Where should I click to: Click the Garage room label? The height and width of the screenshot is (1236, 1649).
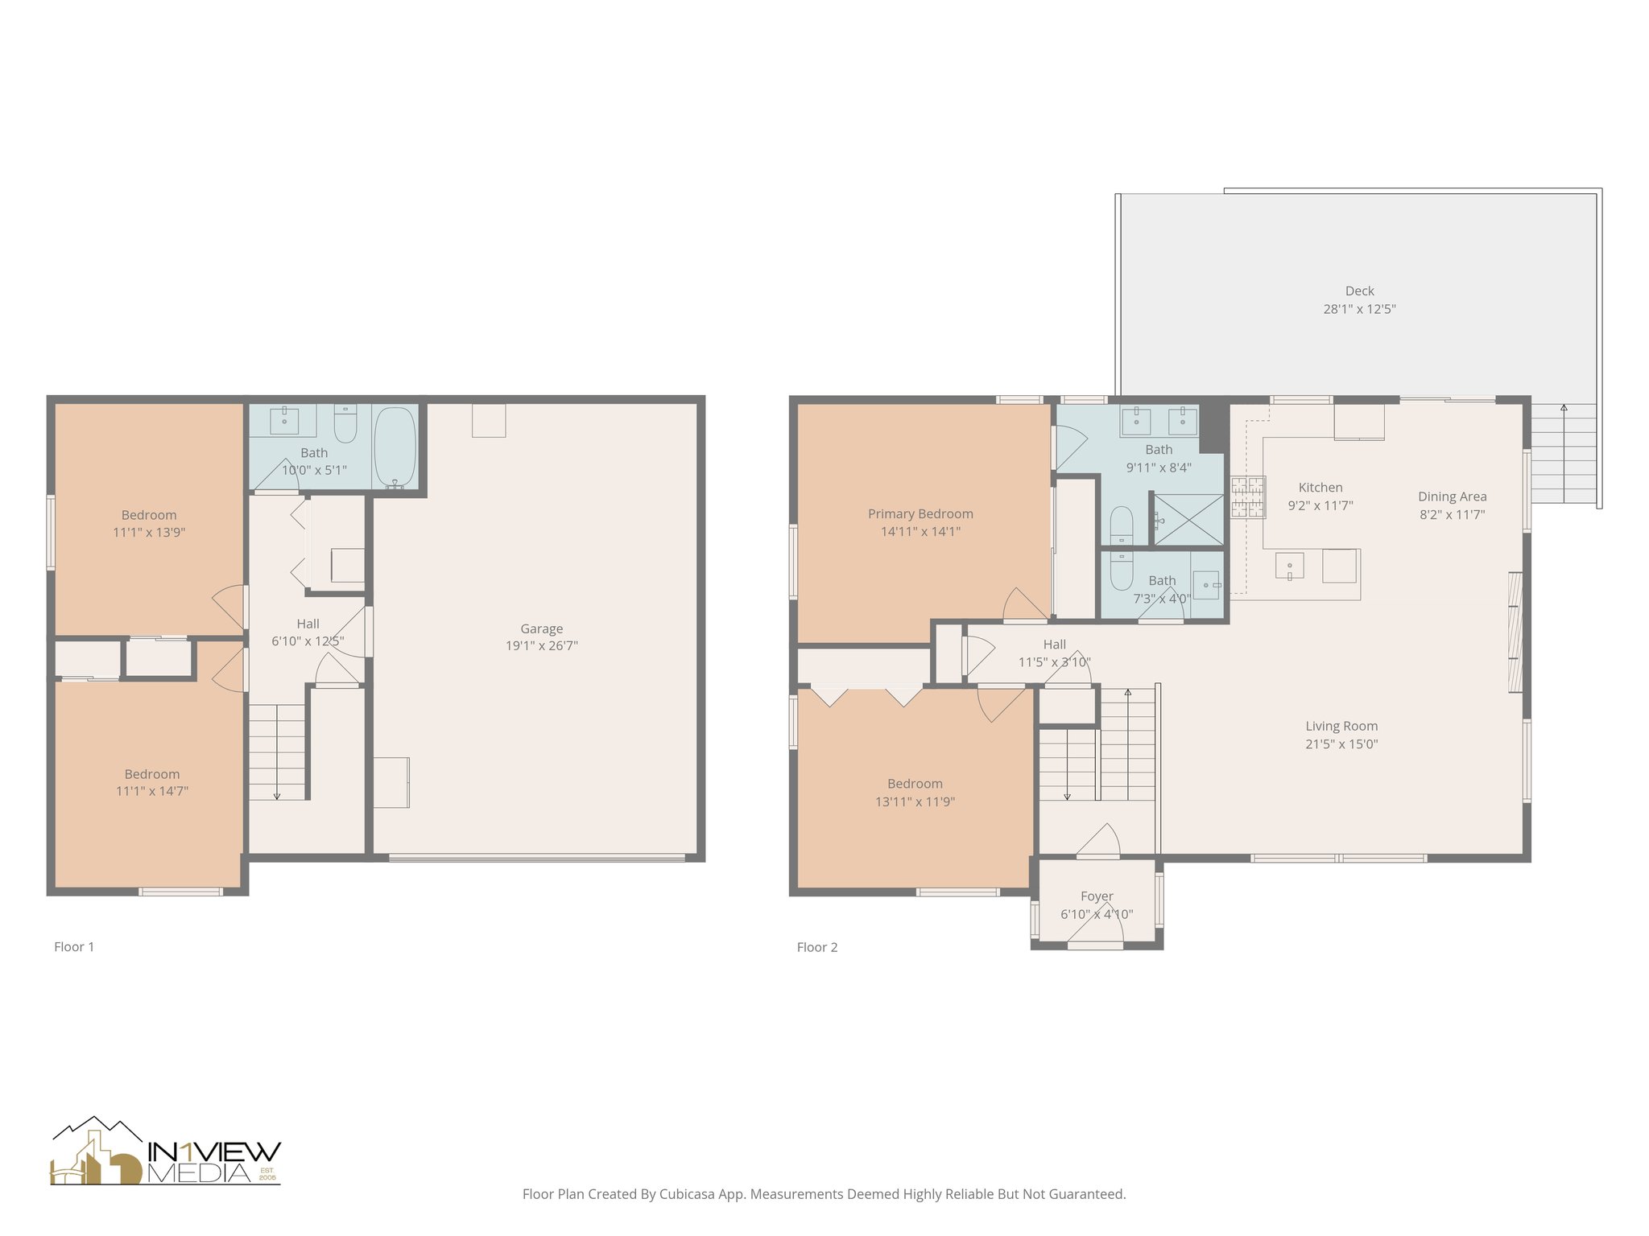pos(541,628)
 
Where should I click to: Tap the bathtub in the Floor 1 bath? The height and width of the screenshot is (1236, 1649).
pos(395,447)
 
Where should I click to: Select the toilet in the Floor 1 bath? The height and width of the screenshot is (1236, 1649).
pos(345,424)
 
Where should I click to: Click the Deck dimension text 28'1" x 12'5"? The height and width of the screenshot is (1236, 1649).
pos(1359,309)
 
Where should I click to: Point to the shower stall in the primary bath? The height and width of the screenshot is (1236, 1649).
pos(1188,519)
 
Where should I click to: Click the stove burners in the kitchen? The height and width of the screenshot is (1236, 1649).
pos(1247,497)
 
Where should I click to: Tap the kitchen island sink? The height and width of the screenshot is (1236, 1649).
pos(1289,566)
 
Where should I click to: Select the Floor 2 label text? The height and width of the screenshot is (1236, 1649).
pos(816,947)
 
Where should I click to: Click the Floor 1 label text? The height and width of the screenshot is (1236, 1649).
pos(74,946)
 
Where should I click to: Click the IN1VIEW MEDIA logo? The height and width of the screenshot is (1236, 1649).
pos(166,1152)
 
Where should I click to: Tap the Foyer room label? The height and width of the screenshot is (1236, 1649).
pos(1097,896)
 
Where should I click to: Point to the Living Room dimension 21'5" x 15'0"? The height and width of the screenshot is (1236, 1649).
pos(1341,744)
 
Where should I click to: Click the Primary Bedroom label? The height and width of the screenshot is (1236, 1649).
pos(920,513)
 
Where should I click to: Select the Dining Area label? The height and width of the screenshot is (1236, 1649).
pos(1452,496)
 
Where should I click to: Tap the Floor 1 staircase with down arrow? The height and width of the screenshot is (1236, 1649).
pos(277,752)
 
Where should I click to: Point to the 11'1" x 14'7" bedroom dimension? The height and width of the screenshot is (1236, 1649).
pos(152,791)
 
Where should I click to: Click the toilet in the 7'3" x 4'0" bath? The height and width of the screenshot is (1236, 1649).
pos(1121,571)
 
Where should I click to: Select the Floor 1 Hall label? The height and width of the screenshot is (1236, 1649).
pos(308,624)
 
